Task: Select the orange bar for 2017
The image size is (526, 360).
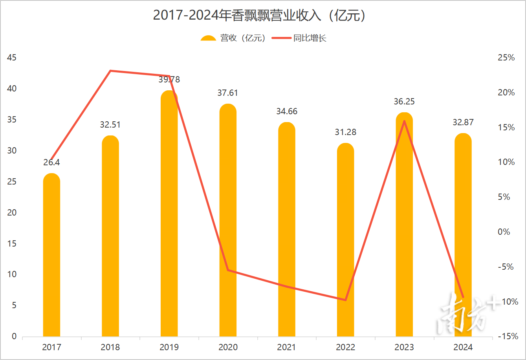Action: [x=51, y=255]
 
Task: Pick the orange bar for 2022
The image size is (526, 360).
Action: [x=346, y=239]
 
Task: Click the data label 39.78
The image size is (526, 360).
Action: [x=169, y=80]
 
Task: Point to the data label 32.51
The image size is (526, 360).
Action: [x=110, y=125]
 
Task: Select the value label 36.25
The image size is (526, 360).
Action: [x=404, y=102]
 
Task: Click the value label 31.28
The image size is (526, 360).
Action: [x=346, y=132]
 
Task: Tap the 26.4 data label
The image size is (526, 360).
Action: [x=51, y=163]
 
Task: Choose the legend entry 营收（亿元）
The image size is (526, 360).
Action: [x=234, y=38]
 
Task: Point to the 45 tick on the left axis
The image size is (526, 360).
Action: [x=12, y=58]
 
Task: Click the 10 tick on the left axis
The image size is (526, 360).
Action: [x=12, y=274]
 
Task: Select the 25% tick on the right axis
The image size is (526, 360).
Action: [x=506, y=58]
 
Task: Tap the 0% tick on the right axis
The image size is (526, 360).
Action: [x=504, y=232]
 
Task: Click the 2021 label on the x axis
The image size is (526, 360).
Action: [x=287, y=347]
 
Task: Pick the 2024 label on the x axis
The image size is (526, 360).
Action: [x=463, y=347]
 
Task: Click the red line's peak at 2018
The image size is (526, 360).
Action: [x=110, y=71]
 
